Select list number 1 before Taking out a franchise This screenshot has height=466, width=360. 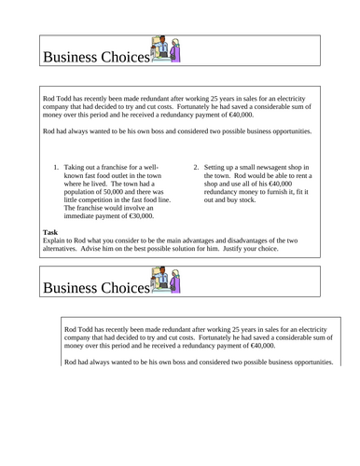point(58,169)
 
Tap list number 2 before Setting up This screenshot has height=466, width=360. point(196,169)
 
